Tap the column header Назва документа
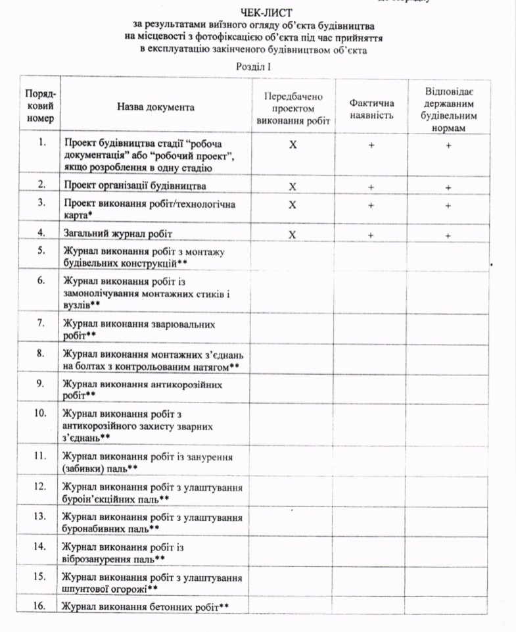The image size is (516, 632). tap(156, 107)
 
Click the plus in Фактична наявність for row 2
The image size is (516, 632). tap(371, 187)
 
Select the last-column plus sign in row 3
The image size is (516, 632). tap(448, 205)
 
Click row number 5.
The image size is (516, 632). tap(41, 250)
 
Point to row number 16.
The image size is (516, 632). tap(41, 605)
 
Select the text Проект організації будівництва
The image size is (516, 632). tap(135, 185)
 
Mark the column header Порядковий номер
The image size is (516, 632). tap(41, 107)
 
